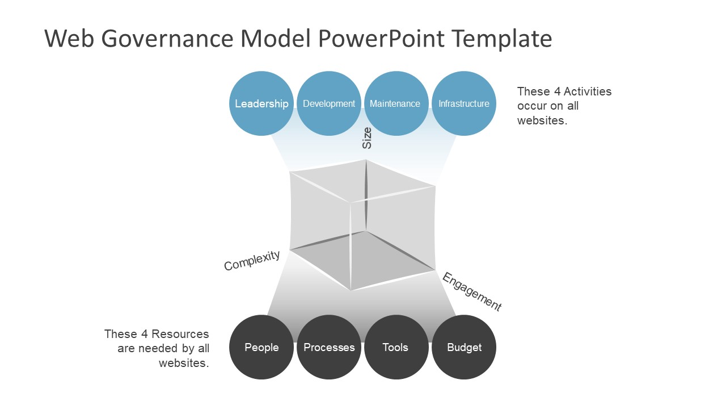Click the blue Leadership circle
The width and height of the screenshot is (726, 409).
pyautogui.click(x=261, y=103)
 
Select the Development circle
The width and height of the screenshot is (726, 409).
pyautogui.click(x=329, y=103)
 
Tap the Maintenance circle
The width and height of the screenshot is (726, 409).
pyautogui.click(x=395, y=103)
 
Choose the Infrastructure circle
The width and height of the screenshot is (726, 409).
pyautogui.click(x=464, y=103)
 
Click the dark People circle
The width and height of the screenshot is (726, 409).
pyautogui.click(x=261, y=347)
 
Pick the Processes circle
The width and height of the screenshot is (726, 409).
pyautogui.click(x=329, y=347)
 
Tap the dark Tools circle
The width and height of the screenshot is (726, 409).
pyautogui.click(x=395, y=347)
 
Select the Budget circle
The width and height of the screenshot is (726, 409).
pyautogui.click(x=464, y=347)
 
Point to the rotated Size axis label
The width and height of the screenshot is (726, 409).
pyautogui.click(x=368, y=138)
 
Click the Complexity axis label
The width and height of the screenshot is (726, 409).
pyautogui.click(x=252, y=260)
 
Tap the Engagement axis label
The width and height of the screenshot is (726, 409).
pyautogui.click(x=472, y=292)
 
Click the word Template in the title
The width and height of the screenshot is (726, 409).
pyautogui.click(x=502, y=39)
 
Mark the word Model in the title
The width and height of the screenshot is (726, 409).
pyautogui.click(x=276, y=39)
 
